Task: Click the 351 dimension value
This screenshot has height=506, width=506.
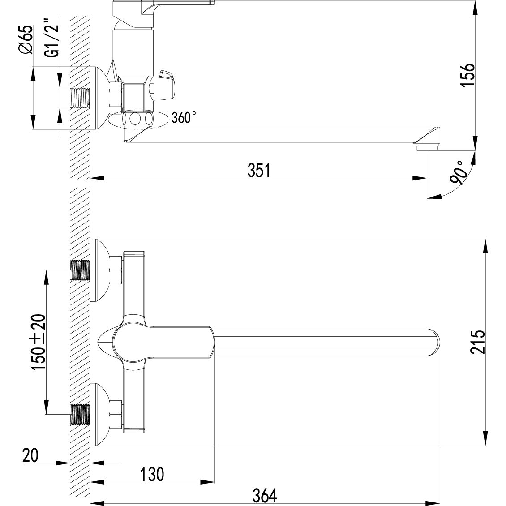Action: [259, 171]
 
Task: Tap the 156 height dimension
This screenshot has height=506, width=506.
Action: [467, 74]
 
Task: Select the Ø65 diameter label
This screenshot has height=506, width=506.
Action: [26, 39]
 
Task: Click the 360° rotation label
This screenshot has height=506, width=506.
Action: [184, 117]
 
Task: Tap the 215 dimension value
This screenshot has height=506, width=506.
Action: [478, 342]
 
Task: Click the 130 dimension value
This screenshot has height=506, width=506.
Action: [152, 474]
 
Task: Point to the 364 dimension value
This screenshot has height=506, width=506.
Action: [265, 496]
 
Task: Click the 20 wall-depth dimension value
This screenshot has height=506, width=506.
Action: [30, 455]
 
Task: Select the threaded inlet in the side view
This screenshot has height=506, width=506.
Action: [80, 98]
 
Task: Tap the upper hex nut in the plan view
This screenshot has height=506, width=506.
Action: [116, 270]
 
